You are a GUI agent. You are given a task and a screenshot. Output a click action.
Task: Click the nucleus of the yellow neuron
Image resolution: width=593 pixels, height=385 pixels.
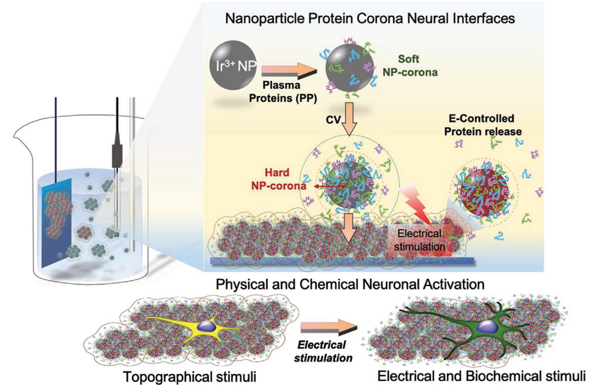[204, 326]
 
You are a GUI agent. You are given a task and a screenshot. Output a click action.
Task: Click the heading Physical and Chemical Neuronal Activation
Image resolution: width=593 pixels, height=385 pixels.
[345, 285]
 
